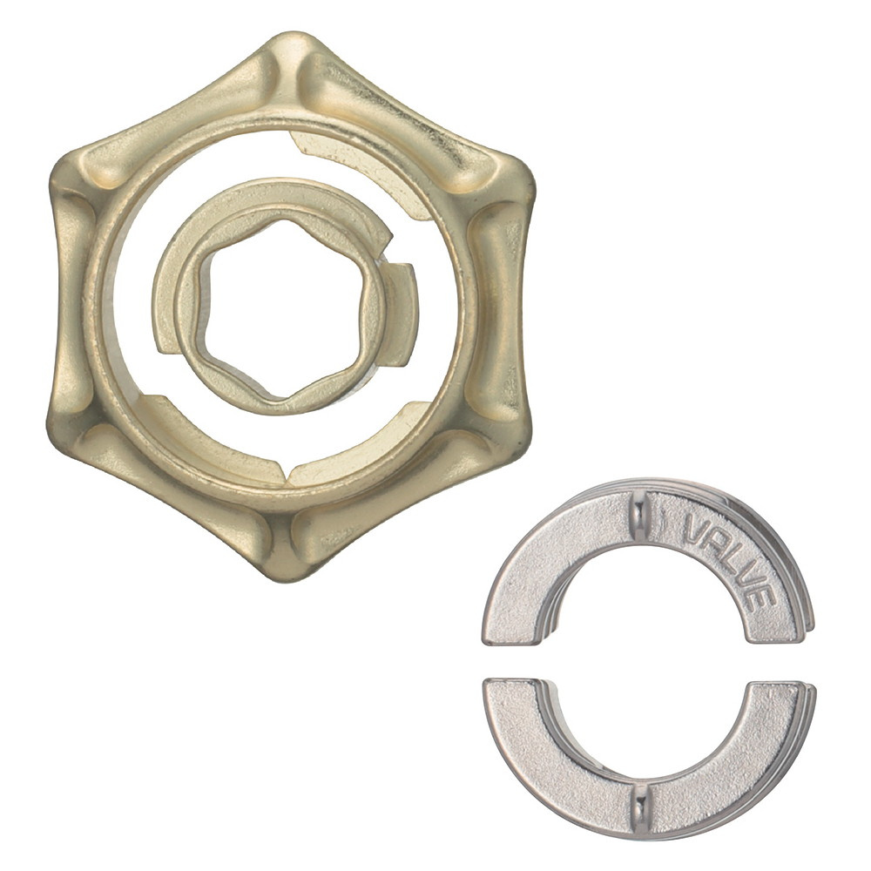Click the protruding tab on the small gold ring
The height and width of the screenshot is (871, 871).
[x=402, y=314]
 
